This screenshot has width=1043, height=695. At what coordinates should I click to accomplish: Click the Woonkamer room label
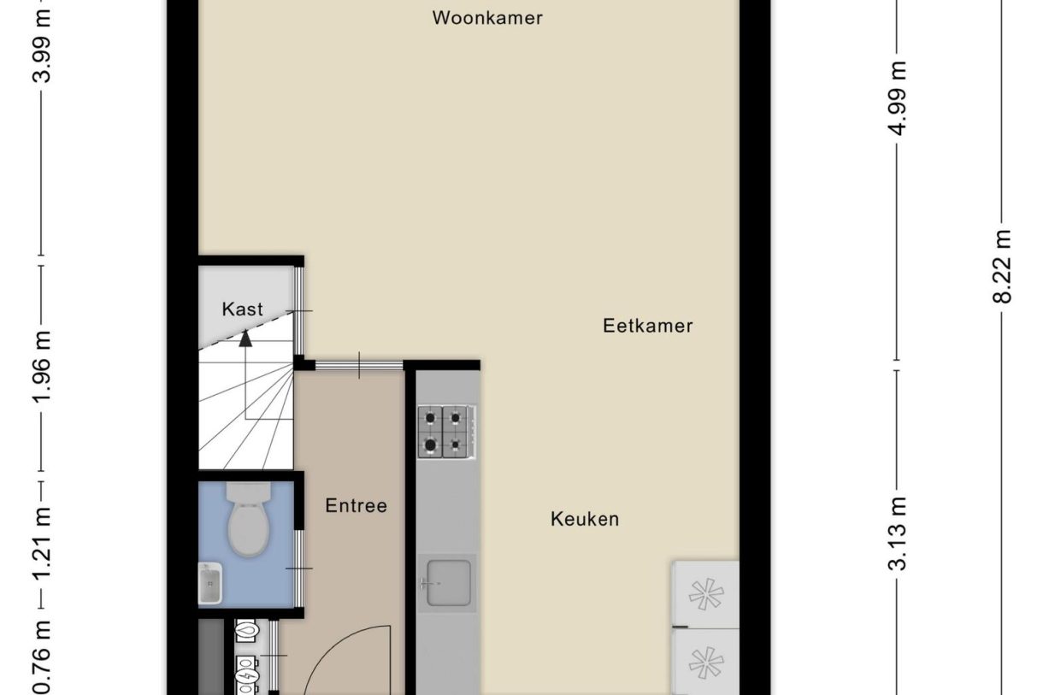point(487,18)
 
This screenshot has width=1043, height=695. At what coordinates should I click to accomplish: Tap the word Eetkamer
point(647,326)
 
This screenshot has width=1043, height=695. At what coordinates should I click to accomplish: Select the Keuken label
point(585,519)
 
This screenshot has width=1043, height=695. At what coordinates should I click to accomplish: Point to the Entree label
point(356,506)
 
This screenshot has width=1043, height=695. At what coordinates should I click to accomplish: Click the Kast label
point(243,309)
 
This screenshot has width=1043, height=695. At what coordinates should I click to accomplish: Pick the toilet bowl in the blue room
point(249,521)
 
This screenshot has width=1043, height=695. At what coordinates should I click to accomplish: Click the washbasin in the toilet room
point(209,584)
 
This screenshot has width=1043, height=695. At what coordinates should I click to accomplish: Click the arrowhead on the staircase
point(246,338)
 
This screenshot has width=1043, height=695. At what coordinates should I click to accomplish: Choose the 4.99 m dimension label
point(897,98)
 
